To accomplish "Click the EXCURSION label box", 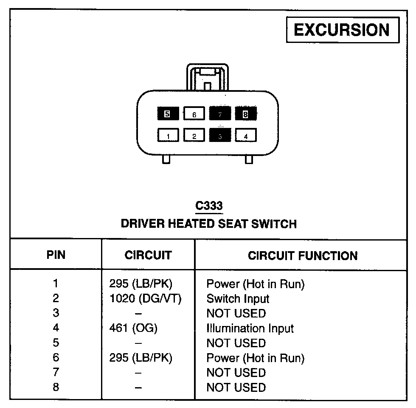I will click(x=343, y=30).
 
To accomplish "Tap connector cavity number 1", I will click(x=169, y=136).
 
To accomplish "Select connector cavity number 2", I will click(x=194, y=136).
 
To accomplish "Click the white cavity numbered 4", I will click(x=246, y=136).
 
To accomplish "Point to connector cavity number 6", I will click(x=194, y=114).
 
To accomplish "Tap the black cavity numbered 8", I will click(x=245, y=113).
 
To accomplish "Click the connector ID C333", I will click(x=208, y=206).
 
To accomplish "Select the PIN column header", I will click(x=56, y=255).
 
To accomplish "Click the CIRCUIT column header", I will click(x=148, y=255).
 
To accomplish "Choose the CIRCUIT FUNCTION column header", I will click(x=303, y=255).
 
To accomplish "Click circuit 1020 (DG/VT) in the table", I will click(x=146, y=299).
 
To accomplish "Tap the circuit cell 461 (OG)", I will click(x=133, y=328).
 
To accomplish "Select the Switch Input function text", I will click(x=238, y=299).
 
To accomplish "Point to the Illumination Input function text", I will click(x=250, y=328).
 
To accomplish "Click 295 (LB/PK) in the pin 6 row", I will click(x=141, y=358).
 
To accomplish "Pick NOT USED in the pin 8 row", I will click(x=236, y=388).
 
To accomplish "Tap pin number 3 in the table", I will click(x=56, y=313).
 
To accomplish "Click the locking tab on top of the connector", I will click(x=207, y=78).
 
